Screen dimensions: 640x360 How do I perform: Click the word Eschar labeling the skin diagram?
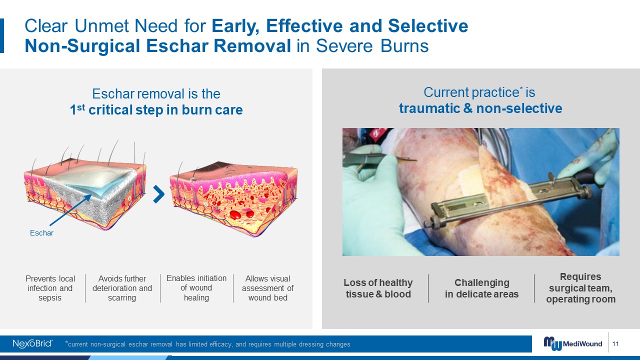tap(41, 233)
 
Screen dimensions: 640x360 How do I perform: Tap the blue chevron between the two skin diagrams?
tap(159, 194)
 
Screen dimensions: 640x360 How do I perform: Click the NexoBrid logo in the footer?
tap(32, 343)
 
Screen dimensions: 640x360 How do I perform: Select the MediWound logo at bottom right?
tap(573, 343)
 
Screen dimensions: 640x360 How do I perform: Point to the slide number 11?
tap(615, 343)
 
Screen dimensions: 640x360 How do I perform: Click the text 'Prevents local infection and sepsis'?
tap(50, 288)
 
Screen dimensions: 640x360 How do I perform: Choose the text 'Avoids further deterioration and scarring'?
tap(122, 288)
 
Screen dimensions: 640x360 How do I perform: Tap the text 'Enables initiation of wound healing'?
tap(196, 287)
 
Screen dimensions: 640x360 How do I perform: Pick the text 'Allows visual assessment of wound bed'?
tap(267, 288)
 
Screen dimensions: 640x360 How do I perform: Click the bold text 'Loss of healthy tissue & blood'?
tap(378, 288)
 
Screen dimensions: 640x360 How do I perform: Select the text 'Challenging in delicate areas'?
tap(481, 288)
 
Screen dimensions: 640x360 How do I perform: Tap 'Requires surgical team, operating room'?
tap(580, 288)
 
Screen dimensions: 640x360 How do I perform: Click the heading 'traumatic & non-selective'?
tap(480, 108)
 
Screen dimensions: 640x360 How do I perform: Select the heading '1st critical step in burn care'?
tap(156, 109)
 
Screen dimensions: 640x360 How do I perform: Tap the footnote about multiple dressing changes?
tap(207, 344)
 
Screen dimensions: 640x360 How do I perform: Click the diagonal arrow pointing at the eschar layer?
tap(70, 210)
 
